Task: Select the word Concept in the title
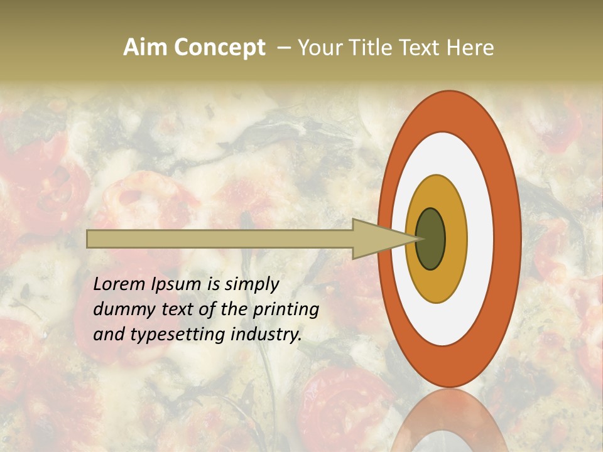click(220, 47)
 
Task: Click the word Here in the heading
click(470, 47)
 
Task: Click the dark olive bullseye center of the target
click(430, 239)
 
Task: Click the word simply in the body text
click(252, 285)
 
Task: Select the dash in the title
click(283, 47)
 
